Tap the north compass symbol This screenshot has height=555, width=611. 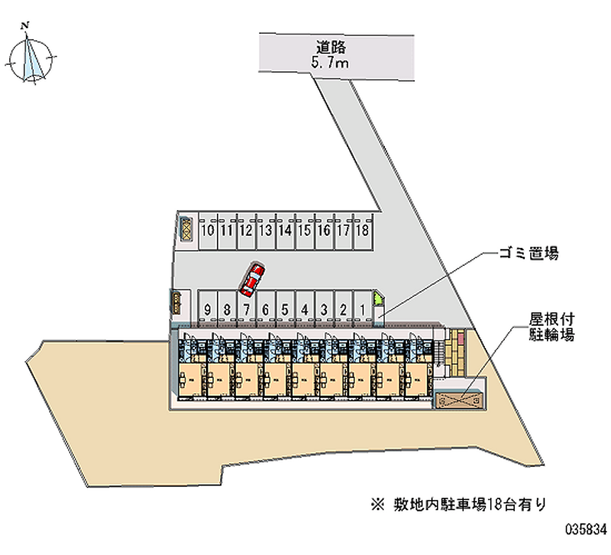pos(31,55)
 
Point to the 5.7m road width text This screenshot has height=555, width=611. pos(330,64)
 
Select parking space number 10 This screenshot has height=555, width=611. pos(207,229)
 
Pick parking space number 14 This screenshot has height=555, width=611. pos(284,229)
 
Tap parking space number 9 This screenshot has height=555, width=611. pos(208,310)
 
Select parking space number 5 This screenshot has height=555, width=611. pos(284,310)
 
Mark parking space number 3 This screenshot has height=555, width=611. pos(324,310)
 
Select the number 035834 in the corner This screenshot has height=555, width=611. pos(585,528)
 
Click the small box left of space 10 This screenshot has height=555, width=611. pos(186,227)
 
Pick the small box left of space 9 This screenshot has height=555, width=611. pos(176,303)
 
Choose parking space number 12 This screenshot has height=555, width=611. pos(245,229)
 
